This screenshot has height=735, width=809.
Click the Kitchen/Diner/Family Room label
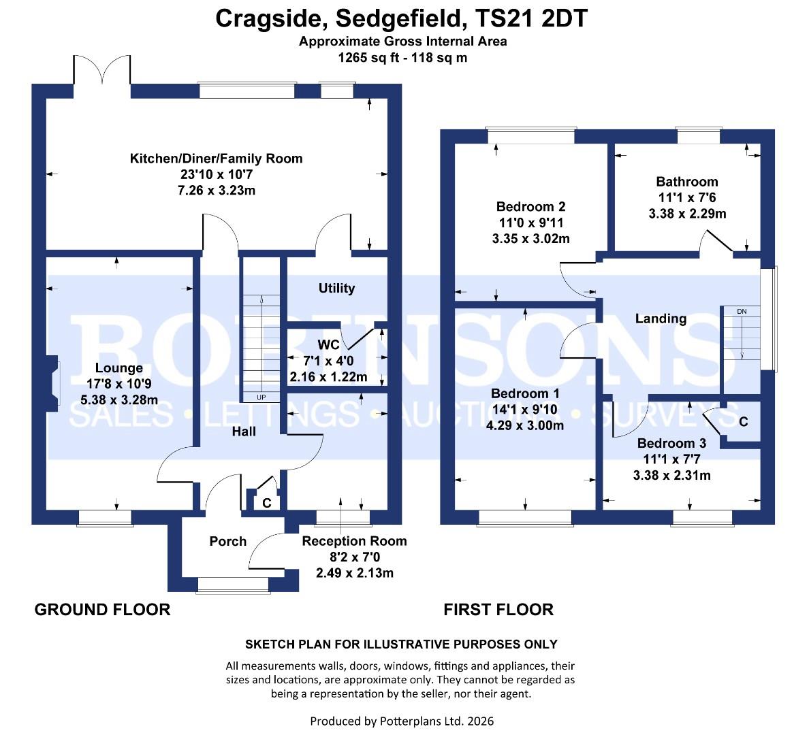coord(216,159)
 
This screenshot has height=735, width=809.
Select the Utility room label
coord(336,288)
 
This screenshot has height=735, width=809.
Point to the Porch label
coord(227,541)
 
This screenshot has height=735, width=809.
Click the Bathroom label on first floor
coord(686,182)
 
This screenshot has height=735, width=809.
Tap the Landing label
coord(660,318)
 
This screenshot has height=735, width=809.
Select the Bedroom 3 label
coord(671,444)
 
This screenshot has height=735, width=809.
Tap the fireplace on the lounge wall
coord(53,385)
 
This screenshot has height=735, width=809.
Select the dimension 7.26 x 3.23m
coord(216,191)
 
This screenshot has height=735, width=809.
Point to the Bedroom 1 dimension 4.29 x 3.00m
coord(529,426)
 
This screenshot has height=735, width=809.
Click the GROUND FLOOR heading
coord(102,609)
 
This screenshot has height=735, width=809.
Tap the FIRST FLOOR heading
coord(498,609)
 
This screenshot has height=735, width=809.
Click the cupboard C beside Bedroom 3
coord(743,422)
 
